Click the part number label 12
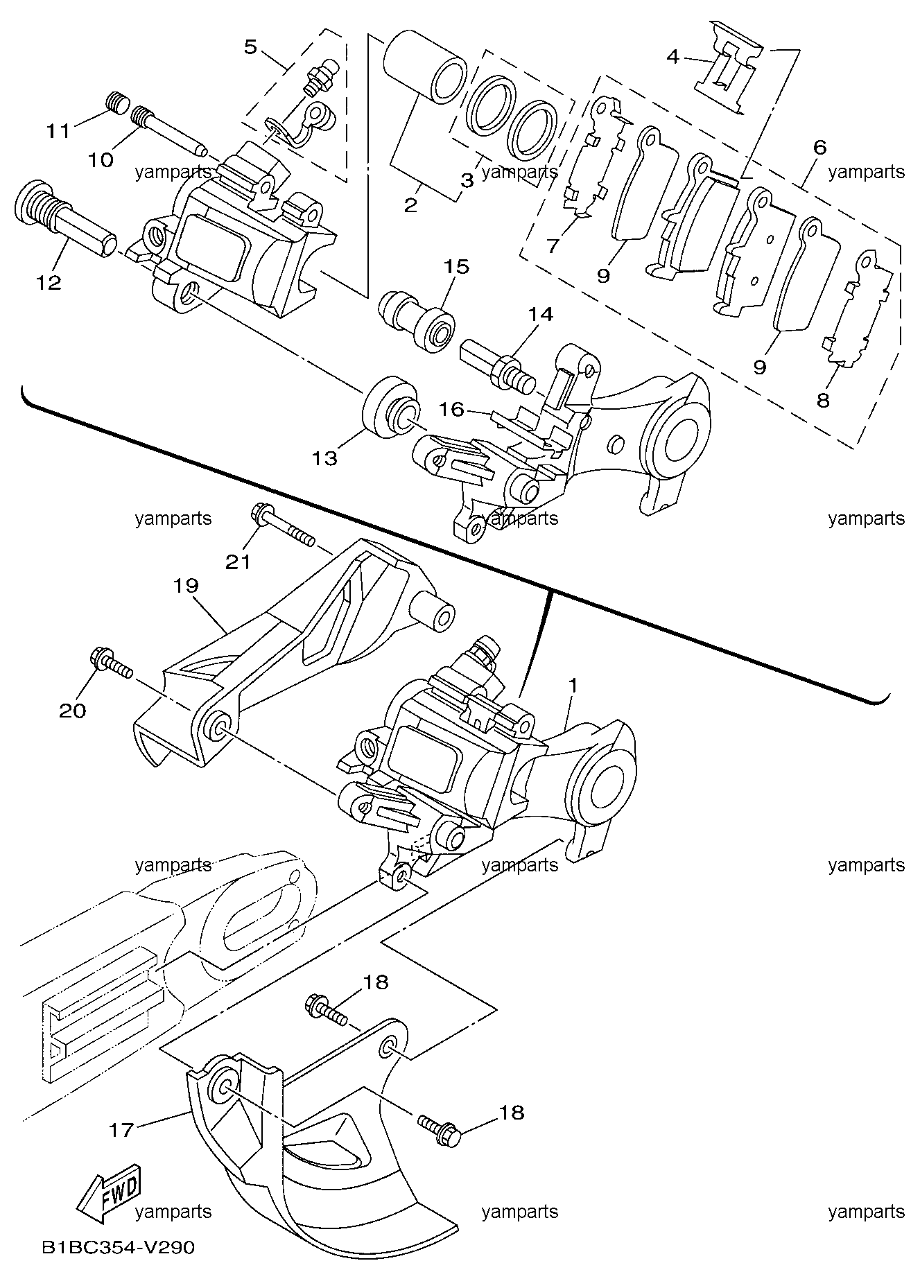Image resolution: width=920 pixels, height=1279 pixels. click(50, 282)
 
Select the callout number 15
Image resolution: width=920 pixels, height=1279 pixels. click(457, 266)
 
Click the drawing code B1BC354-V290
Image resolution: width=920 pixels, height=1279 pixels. click(118, 1248)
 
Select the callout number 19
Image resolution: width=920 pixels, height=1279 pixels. click(186, 586)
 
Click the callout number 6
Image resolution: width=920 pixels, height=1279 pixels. click(820, 147)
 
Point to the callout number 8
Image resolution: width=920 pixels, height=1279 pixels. click(823, 400)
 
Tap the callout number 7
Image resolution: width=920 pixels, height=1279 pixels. click(553, 246)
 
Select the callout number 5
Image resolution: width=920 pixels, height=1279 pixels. click(250, 47)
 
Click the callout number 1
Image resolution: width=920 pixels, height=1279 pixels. click(573, 685)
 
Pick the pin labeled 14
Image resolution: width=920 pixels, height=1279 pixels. click(497, 364)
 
